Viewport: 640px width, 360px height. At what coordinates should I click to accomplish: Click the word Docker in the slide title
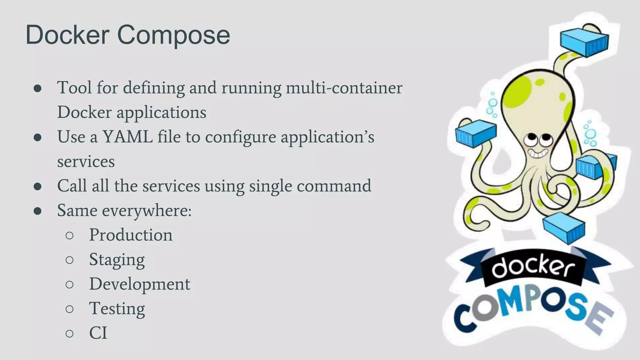pos(67,35)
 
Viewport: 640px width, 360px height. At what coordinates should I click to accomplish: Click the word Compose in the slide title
pos(173,35)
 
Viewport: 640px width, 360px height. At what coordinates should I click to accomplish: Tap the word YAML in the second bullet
pos(127,137)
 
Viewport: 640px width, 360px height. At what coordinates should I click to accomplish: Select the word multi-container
pos(344,87)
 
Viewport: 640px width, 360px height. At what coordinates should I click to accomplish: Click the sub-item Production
pos(131,235)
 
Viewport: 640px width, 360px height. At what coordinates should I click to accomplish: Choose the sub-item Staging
pos(117,260)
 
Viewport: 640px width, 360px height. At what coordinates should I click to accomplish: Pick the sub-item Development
pos(139,284)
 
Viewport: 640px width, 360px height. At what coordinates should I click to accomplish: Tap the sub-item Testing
pos(117,309)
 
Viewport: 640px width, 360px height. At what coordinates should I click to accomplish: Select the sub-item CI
pos(98,333)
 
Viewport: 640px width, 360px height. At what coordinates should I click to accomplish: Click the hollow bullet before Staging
pos(70,260)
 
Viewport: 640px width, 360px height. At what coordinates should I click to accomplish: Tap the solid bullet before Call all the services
pos(37,186)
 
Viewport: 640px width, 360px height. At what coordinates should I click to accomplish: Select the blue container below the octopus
pos(564,228)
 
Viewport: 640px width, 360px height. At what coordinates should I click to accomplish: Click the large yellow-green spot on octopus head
pos(517,92)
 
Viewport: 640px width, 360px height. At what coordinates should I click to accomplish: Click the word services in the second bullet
pos(86,162)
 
